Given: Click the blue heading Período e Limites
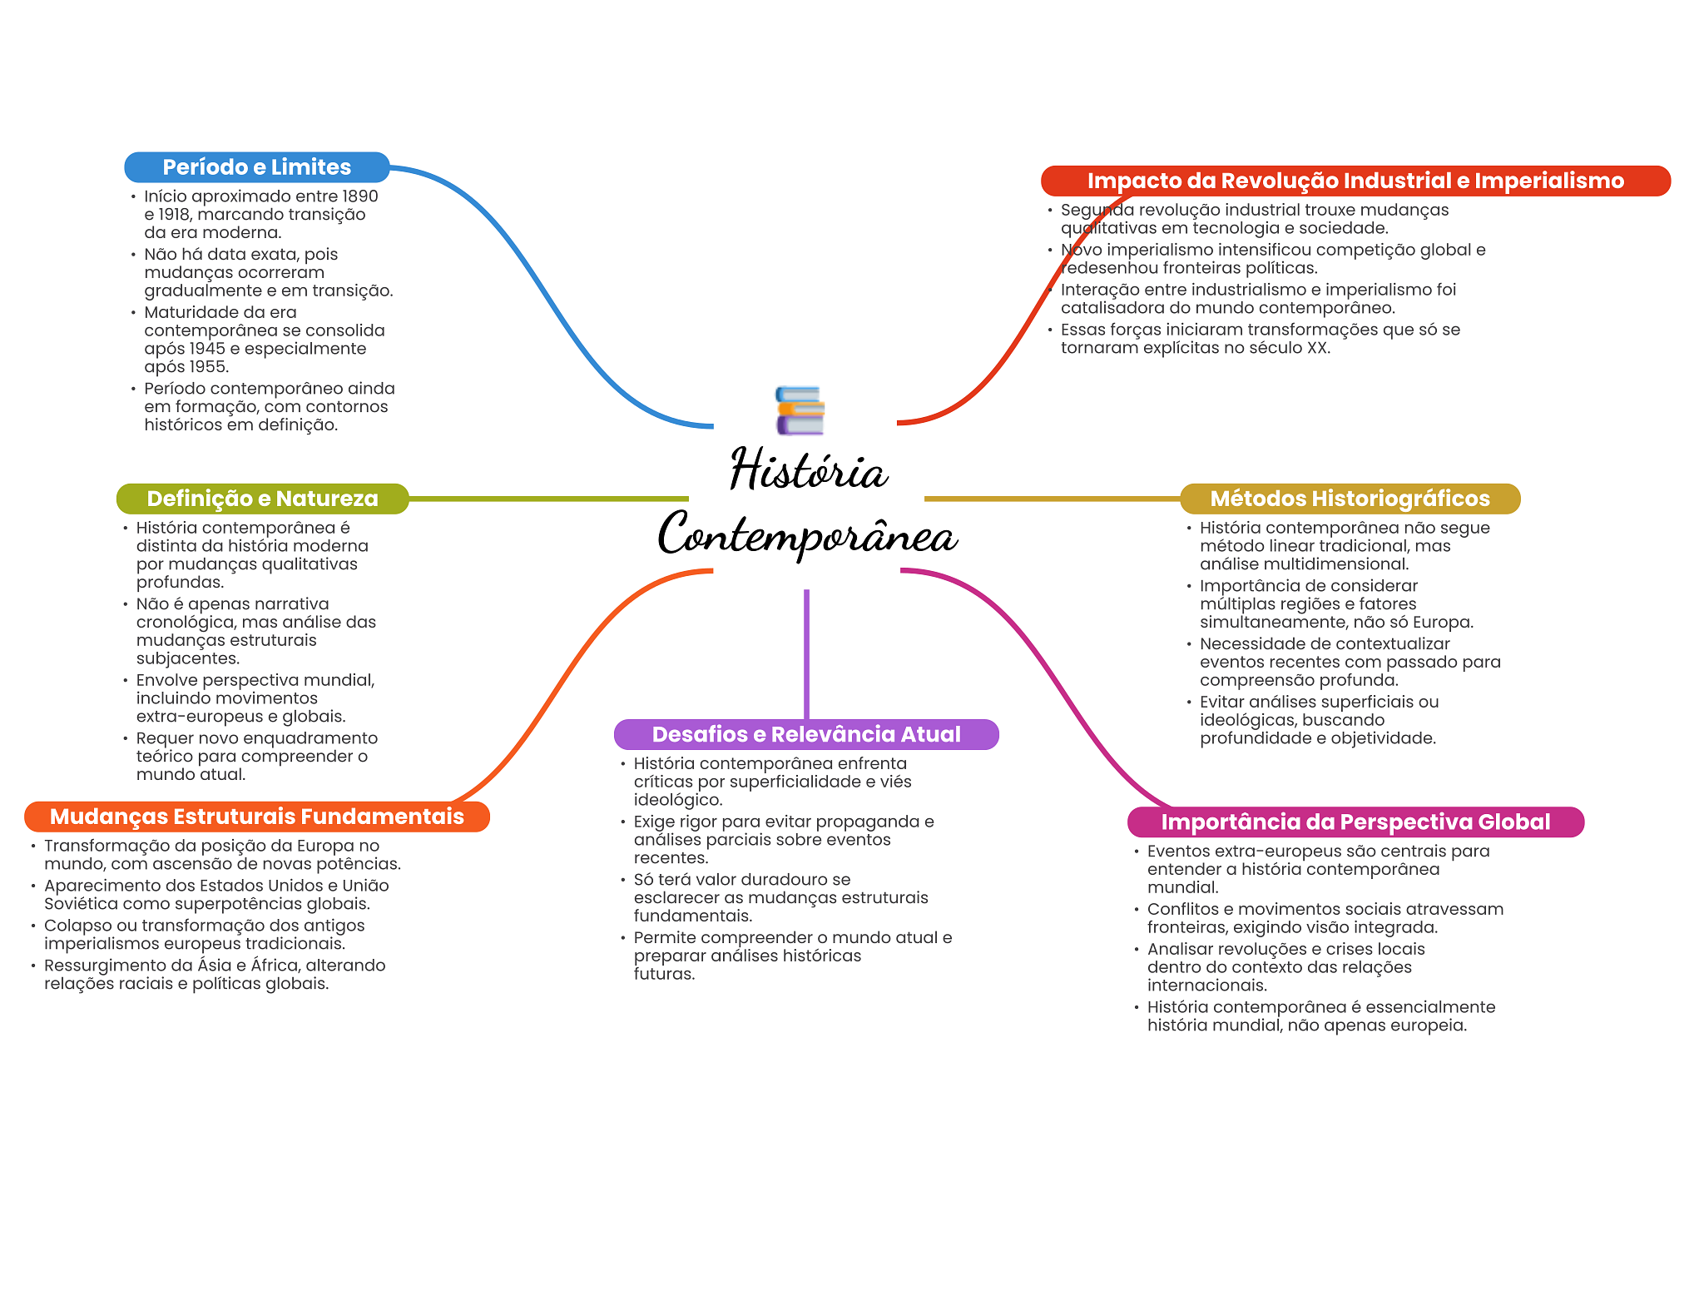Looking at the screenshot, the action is click(256, 167).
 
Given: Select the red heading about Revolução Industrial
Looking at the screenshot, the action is click(1355, 181).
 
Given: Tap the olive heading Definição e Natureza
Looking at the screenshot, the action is click(262, 499).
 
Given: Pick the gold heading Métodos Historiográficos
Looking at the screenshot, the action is click(1350, 499).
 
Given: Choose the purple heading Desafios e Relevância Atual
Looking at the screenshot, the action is click(806, 734).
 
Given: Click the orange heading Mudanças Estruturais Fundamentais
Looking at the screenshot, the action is click(257, 817).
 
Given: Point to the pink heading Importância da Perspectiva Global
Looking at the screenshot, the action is click(1355, 822).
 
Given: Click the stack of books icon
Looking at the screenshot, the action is click(800, 410).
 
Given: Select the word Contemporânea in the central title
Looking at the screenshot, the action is click(807, 534).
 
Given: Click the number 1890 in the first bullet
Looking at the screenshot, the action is click(360, 196).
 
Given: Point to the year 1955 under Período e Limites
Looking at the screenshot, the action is click(210, 367).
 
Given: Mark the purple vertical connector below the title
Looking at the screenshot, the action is click(806, 654).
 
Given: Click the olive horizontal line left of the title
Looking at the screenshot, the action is click(548, 499).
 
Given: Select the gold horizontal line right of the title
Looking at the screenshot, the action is click(1053, 499).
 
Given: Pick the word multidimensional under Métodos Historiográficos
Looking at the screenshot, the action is click(1340, 564).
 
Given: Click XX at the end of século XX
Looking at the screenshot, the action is click(1317, 348).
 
